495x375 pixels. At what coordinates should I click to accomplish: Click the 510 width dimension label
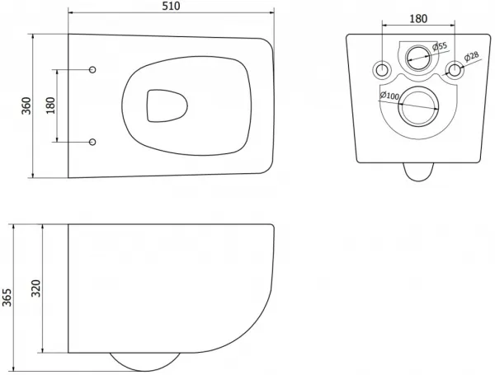(171, 6)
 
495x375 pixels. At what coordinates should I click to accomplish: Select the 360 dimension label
(26, 106)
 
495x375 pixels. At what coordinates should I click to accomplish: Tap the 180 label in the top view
(50, 105)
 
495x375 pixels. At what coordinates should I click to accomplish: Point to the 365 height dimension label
(7, 297)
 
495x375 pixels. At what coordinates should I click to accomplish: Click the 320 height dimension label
(36, 288)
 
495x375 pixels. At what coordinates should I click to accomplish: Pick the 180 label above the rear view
(418, 19)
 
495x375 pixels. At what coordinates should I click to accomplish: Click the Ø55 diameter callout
(440, 47)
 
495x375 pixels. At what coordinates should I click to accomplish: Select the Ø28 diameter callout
(471, 57)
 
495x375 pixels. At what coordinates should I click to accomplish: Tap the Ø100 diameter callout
(389, 95)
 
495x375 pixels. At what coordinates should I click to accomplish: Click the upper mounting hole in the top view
(92, 69)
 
